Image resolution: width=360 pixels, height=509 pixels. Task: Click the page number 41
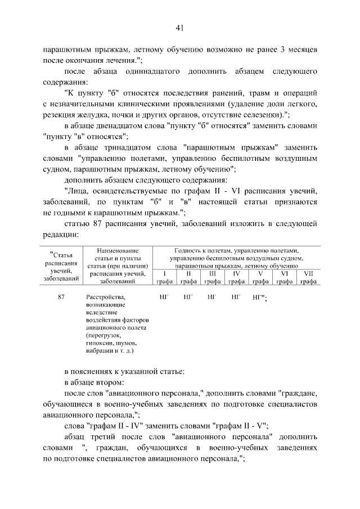[x=180, y=28]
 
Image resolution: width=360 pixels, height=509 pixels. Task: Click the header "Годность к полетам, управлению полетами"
[x=236, y=250]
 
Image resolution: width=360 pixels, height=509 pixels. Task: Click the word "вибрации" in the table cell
[x=99, y=351]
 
